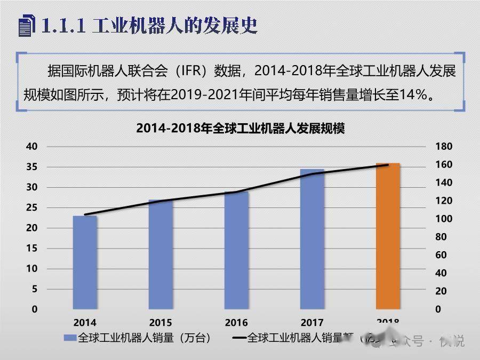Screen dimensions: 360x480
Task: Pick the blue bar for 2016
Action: point(236,250)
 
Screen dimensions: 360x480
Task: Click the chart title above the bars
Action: point(240,129)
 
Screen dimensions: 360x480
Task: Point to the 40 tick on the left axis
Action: point(32,147)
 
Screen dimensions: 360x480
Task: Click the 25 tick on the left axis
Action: point(32,207)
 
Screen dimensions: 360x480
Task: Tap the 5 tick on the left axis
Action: point(35,289)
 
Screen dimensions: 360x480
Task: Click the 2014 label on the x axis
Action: point(85,323)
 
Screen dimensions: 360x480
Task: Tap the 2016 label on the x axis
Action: point(236,323)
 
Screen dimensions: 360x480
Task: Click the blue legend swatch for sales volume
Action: point(70,338)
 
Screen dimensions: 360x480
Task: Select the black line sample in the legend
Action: point(239,338)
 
